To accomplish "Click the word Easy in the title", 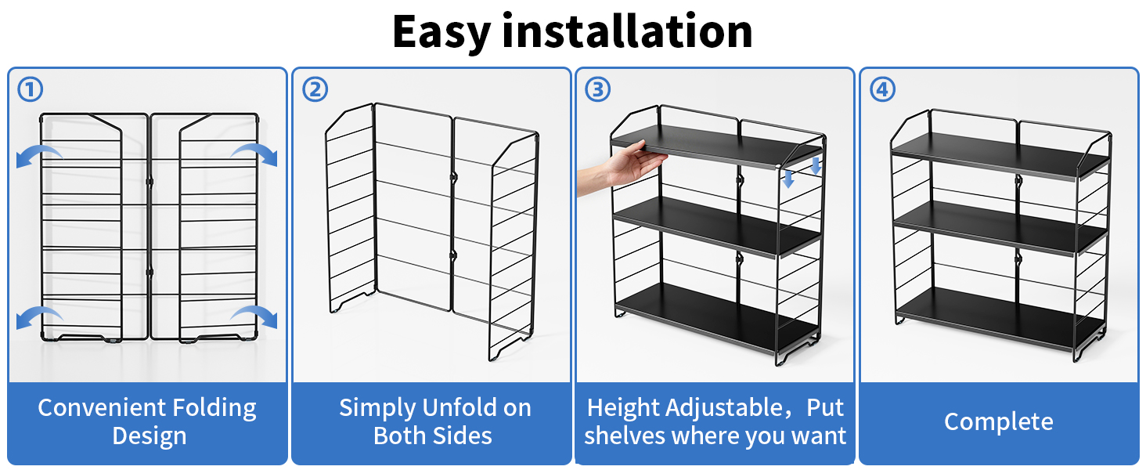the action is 441,32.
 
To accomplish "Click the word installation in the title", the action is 628,31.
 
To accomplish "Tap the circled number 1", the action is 30,89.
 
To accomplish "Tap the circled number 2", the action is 315,89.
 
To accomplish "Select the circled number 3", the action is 597,89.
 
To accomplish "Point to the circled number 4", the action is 882,89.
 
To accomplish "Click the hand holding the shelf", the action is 622,167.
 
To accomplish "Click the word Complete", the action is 998,422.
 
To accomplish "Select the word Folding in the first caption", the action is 214,409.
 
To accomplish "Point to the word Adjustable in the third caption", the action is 724,409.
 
